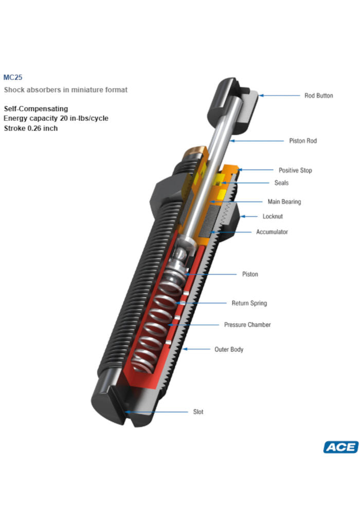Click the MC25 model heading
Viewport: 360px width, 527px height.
13,78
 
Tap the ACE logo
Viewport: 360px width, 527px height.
340,447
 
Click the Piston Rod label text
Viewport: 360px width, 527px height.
304,140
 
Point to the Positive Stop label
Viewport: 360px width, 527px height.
295,170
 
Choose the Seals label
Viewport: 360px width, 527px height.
281,183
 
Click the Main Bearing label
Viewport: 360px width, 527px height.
284,202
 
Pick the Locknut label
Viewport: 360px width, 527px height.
273,217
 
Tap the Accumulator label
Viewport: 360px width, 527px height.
272,232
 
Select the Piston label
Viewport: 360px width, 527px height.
250,274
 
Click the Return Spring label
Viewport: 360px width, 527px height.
249,303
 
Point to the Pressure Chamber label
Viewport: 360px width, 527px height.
247,325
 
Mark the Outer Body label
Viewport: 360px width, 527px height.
229,349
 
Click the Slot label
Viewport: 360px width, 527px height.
198,412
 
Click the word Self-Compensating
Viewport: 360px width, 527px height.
36,109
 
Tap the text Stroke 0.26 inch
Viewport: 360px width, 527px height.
31,128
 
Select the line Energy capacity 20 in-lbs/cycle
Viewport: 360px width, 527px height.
56,118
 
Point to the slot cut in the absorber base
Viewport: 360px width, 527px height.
123,411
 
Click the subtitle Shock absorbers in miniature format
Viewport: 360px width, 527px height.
66,90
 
